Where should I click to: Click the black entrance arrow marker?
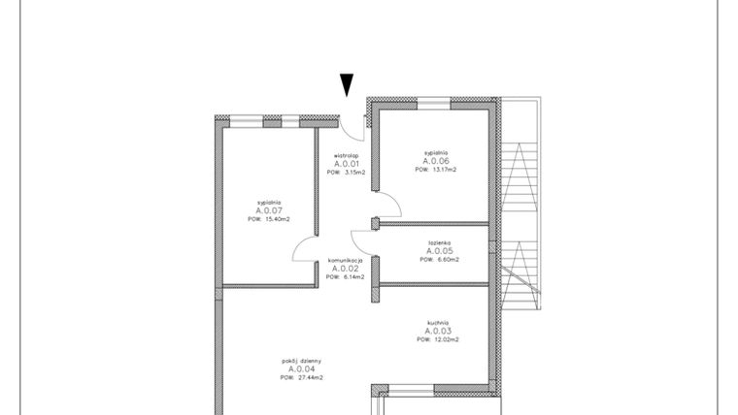[x=347, y=85]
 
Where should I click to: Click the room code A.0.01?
[x=347, y=164]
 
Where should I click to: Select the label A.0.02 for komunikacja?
[x=345, y=269]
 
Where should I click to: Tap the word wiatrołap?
[x=347, y=154]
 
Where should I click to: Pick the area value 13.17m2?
[x=444, y=170]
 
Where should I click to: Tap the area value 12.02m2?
[x=445, y=340]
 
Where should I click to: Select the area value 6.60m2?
[x=446, y=260]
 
